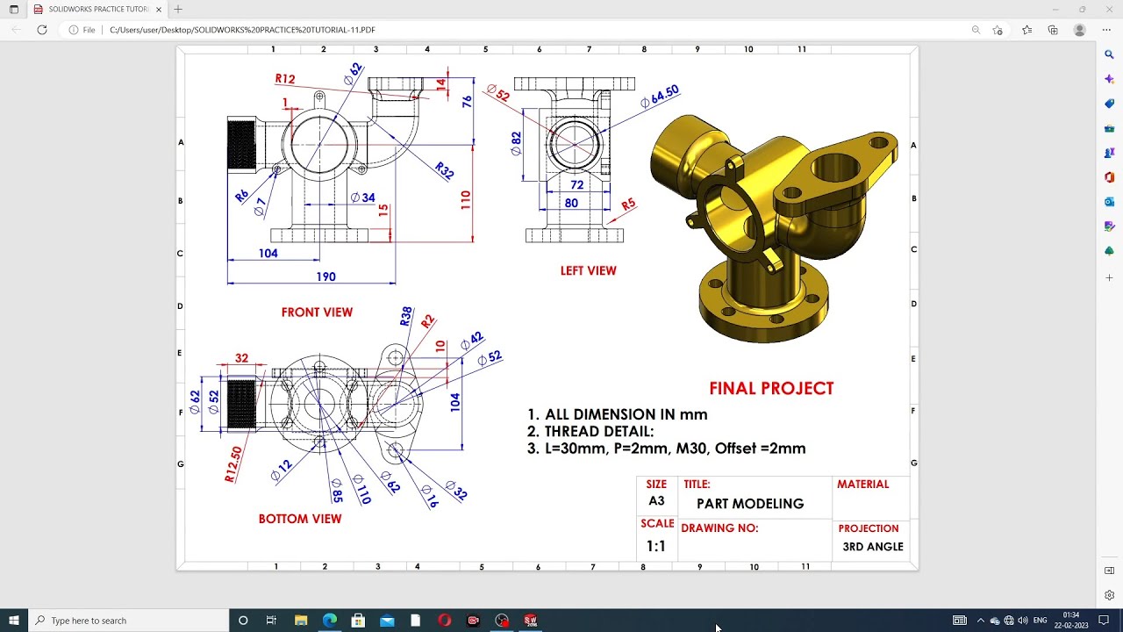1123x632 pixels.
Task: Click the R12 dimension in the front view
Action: pyautogui.click(x=285, y=79)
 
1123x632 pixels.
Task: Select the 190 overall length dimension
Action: pyautogui.click(x=325, y=276)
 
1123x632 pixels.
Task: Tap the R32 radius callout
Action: pyautogui.click(x=444, y=171)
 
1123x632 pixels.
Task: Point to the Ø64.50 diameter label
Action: pyautogui.click(x=660, y=97)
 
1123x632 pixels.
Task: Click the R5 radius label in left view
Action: pyautogui.click(x=628, y=205)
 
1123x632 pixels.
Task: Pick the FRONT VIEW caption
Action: pyautogui.click(x=317, y=312)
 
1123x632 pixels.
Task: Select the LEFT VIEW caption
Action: pyautogui.click(x=588, y=271)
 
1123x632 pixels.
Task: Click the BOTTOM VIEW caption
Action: pyautogui.click(x=300, y=519)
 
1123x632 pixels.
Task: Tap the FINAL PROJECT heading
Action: pyautogui.click(x=771, y=388)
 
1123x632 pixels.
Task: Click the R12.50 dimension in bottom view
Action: pyautogui.click(x=233, y=464)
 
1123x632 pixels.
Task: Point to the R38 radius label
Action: pyautogui.click(x=405, y=317)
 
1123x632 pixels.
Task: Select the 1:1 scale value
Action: pyautogui.click(x=655, y=546)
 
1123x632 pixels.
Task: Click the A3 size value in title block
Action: pyautogui.click(x=656, y=501)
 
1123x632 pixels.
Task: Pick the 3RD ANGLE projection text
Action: pyautogui.click(x=872, y=547)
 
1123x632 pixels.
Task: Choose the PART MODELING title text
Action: pyautogui.click(x=750, y=504)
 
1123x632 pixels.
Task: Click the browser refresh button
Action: pyautogui.click(x=41, y=30)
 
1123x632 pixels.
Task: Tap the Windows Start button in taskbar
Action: pyautogui.click(x=14, y=621)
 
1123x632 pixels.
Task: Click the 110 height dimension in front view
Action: pyautogui.click(x=466, y=199)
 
